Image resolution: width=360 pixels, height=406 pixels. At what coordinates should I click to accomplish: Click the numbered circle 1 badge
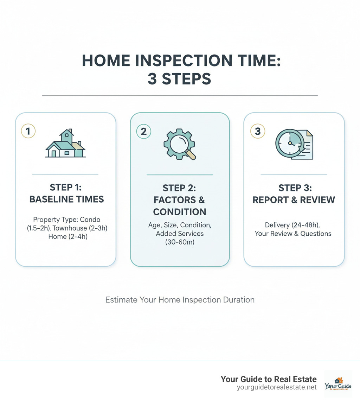[28, 131]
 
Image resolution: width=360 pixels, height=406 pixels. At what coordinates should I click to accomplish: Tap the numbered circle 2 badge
[143, 131]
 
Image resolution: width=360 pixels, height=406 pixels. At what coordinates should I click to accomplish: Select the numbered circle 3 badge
[257, 131]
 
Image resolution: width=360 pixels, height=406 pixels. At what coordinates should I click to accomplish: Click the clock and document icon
[294, 145]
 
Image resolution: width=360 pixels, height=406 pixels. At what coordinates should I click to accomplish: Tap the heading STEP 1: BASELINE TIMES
[66, 194]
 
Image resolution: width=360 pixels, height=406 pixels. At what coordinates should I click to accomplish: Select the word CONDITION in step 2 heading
[180, 212]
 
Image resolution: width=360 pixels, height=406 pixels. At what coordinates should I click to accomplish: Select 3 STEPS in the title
[179, 79]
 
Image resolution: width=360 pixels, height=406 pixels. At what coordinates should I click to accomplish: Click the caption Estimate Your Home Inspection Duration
[180, 300]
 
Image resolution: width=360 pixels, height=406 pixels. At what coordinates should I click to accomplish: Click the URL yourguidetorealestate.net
[277, 387]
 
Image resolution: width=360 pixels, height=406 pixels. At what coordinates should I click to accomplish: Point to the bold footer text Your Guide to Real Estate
[269, 379]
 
